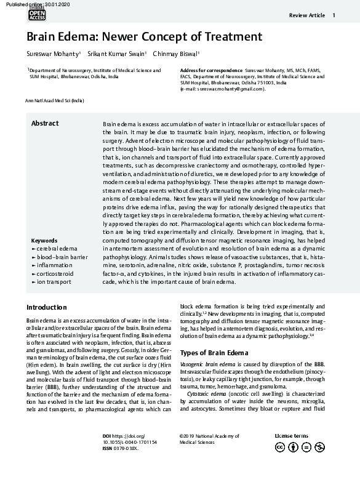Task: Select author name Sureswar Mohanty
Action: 52,54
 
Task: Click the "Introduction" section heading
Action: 47,307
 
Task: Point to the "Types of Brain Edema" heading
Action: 214,353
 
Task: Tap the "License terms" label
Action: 292,436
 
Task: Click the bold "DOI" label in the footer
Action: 107,436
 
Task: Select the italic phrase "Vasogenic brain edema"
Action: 205,365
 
